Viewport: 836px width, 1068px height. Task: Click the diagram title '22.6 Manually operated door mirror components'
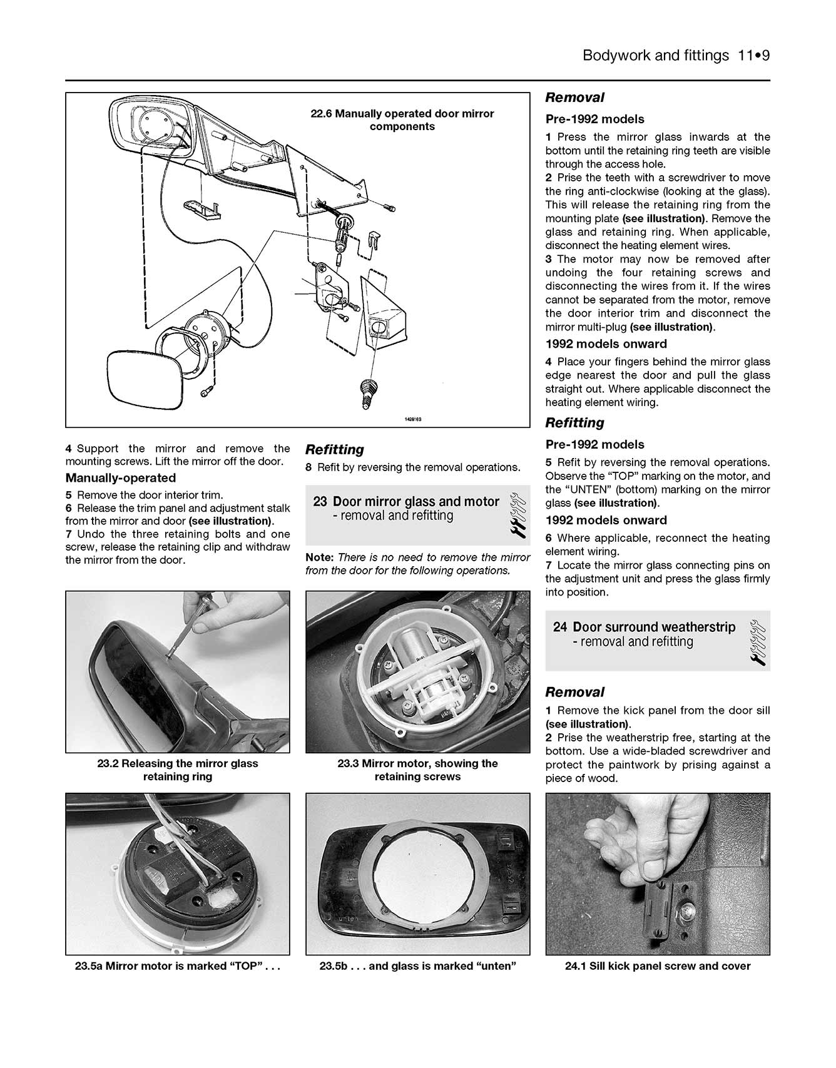[402, 120]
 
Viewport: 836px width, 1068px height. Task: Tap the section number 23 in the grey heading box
[320, 502]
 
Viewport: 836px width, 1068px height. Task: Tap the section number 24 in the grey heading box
[559, 627]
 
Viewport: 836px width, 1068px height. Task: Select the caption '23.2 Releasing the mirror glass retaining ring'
[178, 770]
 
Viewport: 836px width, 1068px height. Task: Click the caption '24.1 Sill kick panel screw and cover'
[658, 966]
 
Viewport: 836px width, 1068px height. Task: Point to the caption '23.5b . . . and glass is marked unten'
[417, 966]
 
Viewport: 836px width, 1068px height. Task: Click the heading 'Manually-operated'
[121, 478]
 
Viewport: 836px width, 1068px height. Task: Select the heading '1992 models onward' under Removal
[606, 344]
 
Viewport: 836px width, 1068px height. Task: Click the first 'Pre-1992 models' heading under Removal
[594, 119]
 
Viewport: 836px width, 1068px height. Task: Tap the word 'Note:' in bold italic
[320, 557]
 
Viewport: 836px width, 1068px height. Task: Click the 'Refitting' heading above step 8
[334, 450]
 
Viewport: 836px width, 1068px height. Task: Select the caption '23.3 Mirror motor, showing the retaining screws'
[417, 770]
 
